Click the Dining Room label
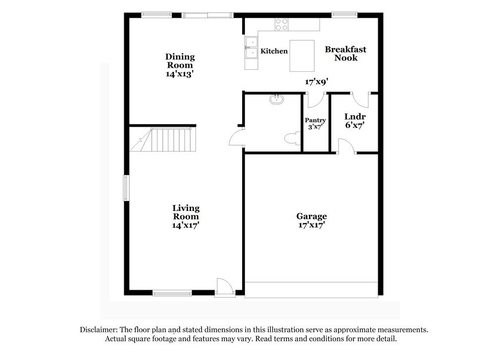coord(180,61)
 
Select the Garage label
coord(311,216)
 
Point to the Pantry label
coord(315,120)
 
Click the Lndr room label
coord(355,117)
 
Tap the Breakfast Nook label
coord(346,53)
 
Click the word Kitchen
coord(274,51)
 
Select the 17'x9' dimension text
coord(316,82)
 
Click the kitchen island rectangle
coord(302,56)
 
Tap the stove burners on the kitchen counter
coord(282,24)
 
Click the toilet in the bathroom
coord(293,139)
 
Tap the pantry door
coord(314,99)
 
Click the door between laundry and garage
coord(346,147)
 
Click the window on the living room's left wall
coord(126,188)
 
